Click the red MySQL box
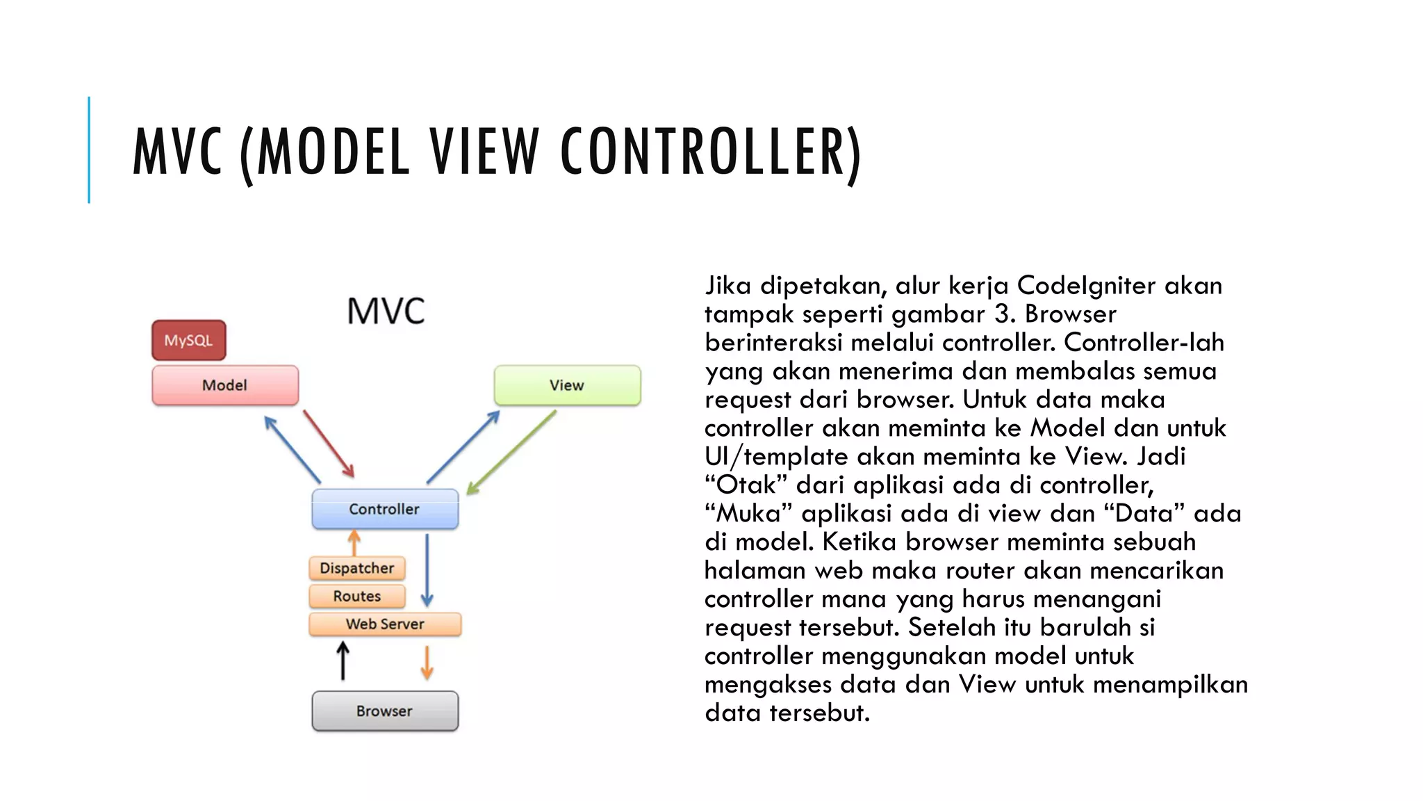pyautogui.click(x=188, y=340)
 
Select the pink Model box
pyautogui.click(x=225, y=385)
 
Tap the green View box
pyautogui.click(x=567, y=385)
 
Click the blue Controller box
pyautogui.click(x=385, y=509)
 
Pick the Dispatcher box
pyautogui.click(x=357, y=568)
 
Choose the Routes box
pyautogui.click(x=357, y=596)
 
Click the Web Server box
pyautogui.click(x=385, y=624)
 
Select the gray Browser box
pyautogui.click(x=385, y=711)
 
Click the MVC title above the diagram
pyautogui.click(x=386, y=311)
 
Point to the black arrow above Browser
pyautogui.click(x=343, y=661)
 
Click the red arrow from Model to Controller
pyautogui.click(x=328, y=443)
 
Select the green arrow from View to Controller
pyautogui.click(x=511, y=453)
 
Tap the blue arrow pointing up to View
pyautogui.click(x=463, y=447)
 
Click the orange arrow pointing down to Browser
pyautogui.click(x=427, y=662)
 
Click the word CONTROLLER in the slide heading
pyautogui.click(x=710, y=152)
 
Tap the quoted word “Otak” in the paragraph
pyautogui.click(x=746, y=485)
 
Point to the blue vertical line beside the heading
pyautogui.click(x=89, y=149)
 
